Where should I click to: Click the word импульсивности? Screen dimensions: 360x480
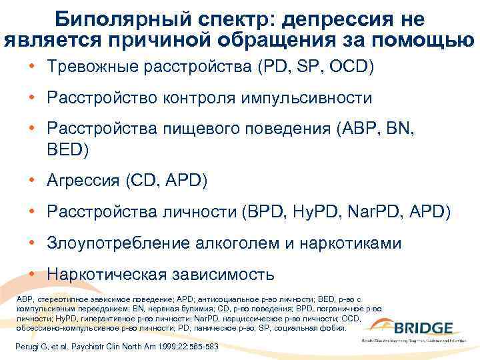click(315, 99)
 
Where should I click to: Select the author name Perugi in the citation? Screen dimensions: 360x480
click(28, 348)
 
